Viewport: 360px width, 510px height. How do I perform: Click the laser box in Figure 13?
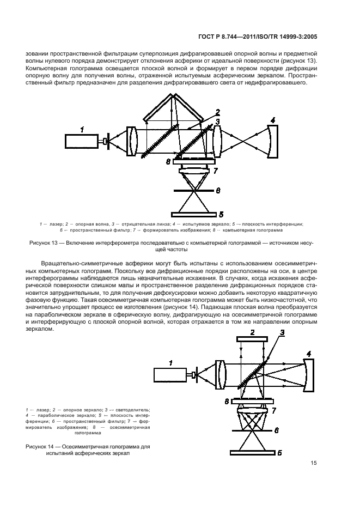tap(82, 141)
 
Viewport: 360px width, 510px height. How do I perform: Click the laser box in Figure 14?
tap(170, 375)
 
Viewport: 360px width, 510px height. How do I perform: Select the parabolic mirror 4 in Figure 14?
tap(308, 375)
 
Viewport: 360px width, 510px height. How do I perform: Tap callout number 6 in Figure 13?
tap(217, 191)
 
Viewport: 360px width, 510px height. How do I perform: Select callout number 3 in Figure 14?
tap(282, 333)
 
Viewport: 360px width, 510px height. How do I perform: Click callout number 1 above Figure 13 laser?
tap(82, 129)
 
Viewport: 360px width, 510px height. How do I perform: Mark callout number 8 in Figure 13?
tap(169, 162)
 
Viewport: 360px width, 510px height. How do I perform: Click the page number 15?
tap(314, 463)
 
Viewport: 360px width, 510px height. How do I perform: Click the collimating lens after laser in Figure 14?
tap(221, 374)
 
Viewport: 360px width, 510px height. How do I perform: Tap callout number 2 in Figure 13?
tap(217, 112)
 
